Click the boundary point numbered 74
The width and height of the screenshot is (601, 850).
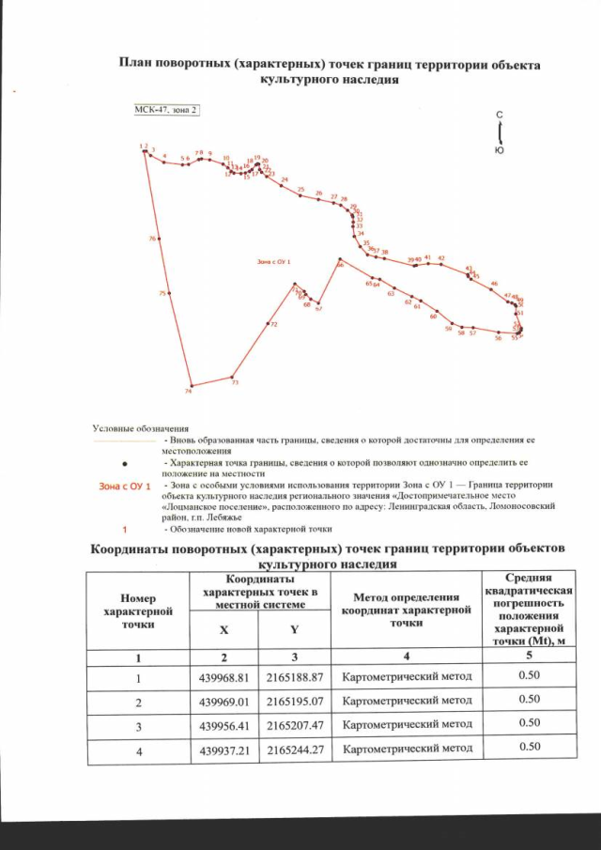pos(192,385)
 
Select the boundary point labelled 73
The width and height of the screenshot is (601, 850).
pos(232,377)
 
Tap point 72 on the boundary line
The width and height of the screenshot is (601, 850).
pos(269,325)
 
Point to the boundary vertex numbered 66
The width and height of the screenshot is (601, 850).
pos(336,261)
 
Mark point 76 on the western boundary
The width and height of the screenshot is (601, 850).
pos(158,240)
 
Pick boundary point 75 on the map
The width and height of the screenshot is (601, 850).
pos(169,295)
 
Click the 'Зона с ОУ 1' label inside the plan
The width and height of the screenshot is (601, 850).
pos(274,262)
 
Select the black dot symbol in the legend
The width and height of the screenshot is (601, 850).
pos(126,463)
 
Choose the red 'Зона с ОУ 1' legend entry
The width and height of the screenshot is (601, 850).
pos(125,485)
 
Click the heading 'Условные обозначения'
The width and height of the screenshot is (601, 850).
pos(141,428)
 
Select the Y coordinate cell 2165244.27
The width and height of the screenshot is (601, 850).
pos(295,750)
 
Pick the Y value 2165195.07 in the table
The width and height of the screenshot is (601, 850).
pos(295,700)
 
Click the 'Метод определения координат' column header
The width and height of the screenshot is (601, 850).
pos(407,609)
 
